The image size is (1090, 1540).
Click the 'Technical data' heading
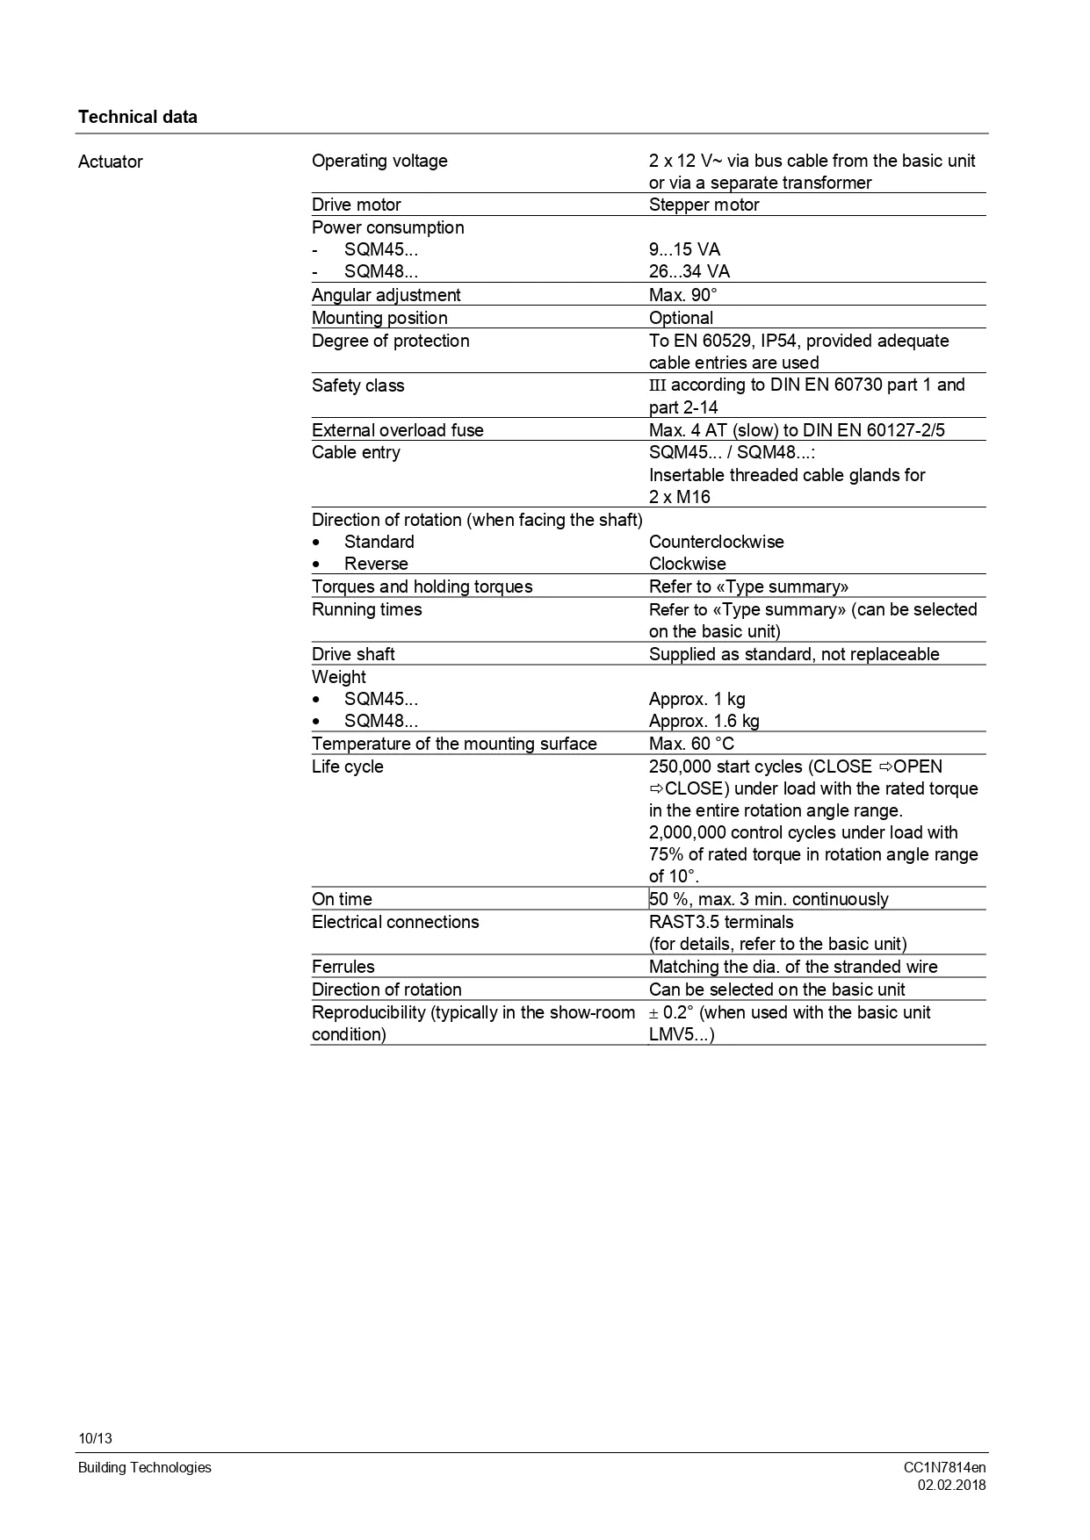pyautogui.click(x=137, y=117)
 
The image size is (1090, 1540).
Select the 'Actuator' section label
pyautogui.click(x=110, y=162)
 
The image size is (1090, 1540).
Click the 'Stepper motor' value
pyautogui.click(x=704, y=205)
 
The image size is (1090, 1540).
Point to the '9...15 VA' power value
pyautogui.click(x=684, y=249)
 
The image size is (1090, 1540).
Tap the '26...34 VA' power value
pyautogui.click(x=689, y=271)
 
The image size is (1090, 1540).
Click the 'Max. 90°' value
pyautogui.click(x=682, y=295)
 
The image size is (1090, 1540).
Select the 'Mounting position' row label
pyautogui.click(x=379, y=318)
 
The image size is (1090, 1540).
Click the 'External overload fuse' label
pyautogui.click(x=397, y=430)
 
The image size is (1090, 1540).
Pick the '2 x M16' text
pyautogui.click(x=679, y=497)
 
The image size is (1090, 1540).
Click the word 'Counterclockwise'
pyautogui.click(x=716, y=542)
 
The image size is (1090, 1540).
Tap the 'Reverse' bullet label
pyautogui.click(x=376, y=564)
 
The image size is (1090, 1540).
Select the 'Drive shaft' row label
pyautogui.click(x=353, y=654)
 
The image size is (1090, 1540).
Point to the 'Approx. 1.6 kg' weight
pyautogui.click(x=704, y=721)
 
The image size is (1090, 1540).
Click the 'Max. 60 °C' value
pyautogui.click(x=691, y=744)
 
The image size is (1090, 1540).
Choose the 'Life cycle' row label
pyautogui.click(x=347, y=766)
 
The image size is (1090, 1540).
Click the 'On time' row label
pyautogui.click(x=342, y=899)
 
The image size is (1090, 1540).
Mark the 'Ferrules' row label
pyautogui.click(x=343, y=967)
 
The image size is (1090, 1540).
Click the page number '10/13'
pyautogui.click(x=95, y=1438)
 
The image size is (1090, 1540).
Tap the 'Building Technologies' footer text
pyautogui.click(x=144, y=1467)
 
